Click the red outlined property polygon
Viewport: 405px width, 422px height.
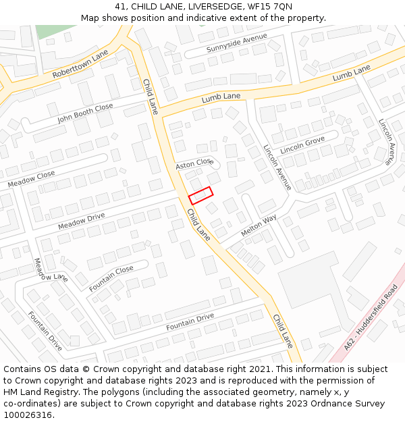200,195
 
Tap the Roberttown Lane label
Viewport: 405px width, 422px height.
80,64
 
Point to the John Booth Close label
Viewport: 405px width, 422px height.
85,113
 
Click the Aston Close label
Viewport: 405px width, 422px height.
194,164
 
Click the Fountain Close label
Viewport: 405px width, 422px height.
111,279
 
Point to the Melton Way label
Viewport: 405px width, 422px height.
259,225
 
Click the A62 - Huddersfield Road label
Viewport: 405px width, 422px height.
371,316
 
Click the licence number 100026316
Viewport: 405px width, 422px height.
27,415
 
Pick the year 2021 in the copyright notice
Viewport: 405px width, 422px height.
259,369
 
